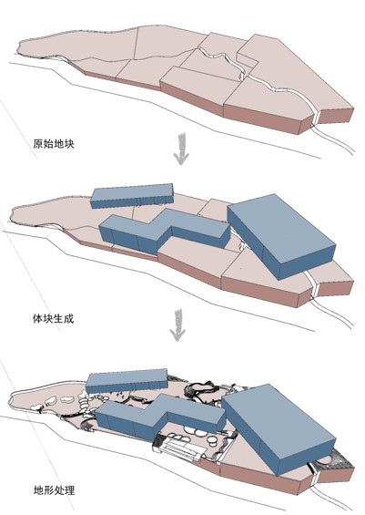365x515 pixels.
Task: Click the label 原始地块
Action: [54, 144]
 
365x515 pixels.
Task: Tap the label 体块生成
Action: [53, 318]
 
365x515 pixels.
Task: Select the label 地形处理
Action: [54, 490]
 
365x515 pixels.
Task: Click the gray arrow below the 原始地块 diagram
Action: [181, 148]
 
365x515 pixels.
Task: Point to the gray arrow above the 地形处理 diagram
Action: [177, 324]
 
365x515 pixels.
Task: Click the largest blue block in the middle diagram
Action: [281, 236]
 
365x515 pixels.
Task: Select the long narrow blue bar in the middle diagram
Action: [132, 195]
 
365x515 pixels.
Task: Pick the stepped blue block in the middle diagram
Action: [164, 231]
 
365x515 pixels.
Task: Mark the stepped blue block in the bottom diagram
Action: [161, 417]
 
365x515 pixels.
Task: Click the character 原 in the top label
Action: [37, 144]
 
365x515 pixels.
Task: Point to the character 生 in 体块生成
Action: [58, 318]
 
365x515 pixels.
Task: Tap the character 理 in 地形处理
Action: [70, 490]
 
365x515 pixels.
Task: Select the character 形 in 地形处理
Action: [49, 490]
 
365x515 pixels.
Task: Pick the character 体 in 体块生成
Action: [37, 318]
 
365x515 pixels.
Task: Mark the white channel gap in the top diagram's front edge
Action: [316, 118]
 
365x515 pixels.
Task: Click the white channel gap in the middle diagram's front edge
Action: [315, 289]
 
